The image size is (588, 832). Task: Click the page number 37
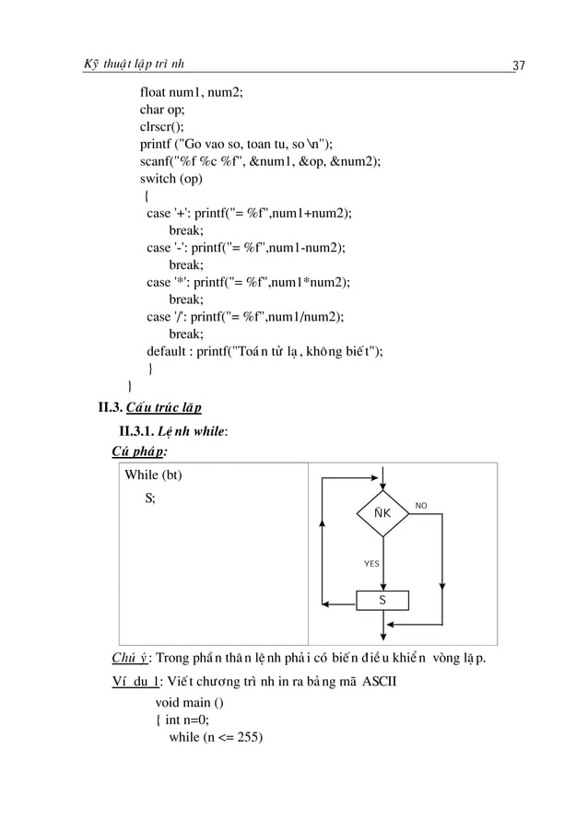pyautogui.click(x=518, y=64)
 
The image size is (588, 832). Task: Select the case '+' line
pyautogui.click(x=249, y=213)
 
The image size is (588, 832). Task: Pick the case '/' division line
pyautogui.click(x=245, y=317)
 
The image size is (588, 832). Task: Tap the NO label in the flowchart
pyautogui.click(x=421, y=505)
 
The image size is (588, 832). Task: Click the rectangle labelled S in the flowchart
pyautogui.click(x=382, y=600)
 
